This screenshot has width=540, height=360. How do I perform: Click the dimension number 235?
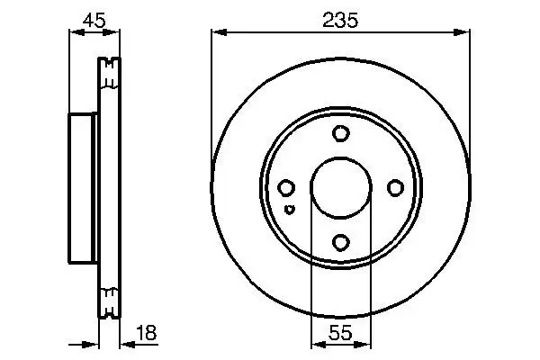pos(339,19)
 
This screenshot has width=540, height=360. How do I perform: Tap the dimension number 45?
pos(94,19)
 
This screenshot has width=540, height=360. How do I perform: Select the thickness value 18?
pos(146,333)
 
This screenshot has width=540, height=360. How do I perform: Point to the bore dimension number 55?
pos(339,333)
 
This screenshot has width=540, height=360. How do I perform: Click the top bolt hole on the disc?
pos(340,134)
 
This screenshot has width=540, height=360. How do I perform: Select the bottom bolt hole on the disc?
pos(340,241)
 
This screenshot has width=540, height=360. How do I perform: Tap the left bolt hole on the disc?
pos(286,187)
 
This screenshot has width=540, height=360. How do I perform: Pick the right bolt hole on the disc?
pos(394,187)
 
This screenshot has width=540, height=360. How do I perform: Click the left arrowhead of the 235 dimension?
pos(217,33)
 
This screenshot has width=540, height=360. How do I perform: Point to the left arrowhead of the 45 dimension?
pos(75,33)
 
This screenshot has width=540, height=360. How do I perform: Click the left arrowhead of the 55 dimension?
pos(315,345)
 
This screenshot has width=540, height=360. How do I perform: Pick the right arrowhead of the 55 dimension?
pos(364,345)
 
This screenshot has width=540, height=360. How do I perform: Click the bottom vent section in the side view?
pos(108,302)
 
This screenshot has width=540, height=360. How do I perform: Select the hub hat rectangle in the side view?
pos(83,188)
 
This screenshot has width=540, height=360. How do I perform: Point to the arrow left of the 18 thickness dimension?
pos(90,345)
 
